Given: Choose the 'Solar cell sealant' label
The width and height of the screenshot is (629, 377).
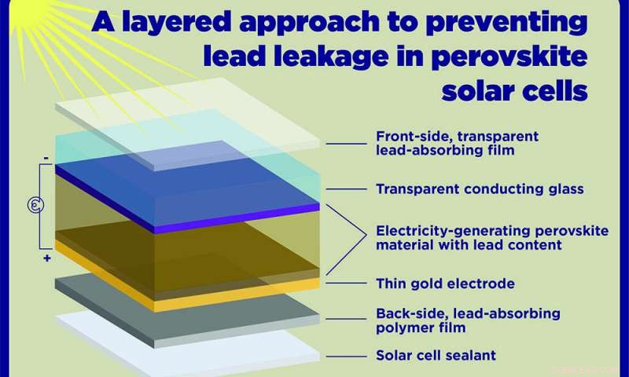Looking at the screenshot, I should click(436, 355).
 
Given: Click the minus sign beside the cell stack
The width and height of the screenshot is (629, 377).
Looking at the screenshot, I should click(47, 157).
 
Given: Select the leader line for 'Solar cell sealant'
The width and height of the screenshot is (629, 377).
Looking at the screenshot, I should click(345, 355).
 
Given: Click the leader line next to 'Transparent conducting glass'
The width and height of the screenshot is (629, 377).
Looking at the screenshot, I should click(345, 188).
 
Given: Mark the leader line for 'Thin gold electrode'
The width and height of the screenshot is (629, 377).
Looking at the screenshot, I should click(345, 283).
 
